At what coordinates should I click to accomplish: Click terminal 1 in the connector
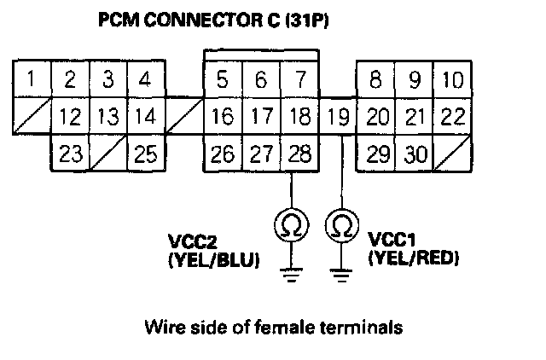(x=31, y=81)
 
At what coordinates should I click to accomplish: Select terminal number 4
(x=145, y=81)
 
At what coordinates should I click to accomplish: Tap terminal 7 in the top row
(x=299, y=81)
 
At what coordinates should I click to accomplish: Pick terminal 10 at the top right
(x=453, y=81)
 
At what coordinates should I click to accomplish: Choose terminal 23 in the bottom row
(x=71, y=154)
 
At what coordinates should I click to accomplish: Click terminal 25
(x=145, y=154)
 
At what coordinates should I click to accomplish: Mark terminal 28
(x=299, y=154)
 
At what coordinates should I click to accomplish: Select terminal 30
(x=415, y=154)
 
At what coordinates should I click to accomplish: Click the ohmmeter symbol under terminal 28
(x=291, y=224)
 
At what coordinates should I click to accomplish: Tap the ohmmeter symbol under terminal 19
(x=341, y=224)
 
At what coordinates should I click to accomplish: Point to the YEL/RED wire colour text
(x=412, y=257)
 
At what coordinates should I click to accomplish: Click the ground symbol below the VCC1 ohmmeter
(x=341, y=274)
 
